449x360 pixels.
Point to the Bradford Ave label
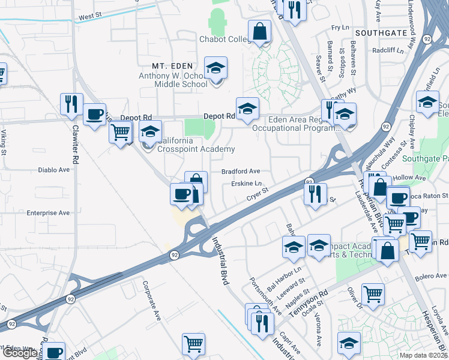pyautogui.click(x=241, y=171)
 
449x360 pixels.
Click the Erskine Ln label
pyautogui.click(x=247, y=184)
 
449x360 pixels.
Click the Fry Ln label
pyautogui.click(x=340, y=28)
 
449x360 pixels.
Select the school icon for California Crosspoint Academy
pyautogui.click(x=150, y=131)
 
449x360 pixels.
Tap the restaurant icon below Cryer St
pyautogui.click(x=315, y=194)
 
